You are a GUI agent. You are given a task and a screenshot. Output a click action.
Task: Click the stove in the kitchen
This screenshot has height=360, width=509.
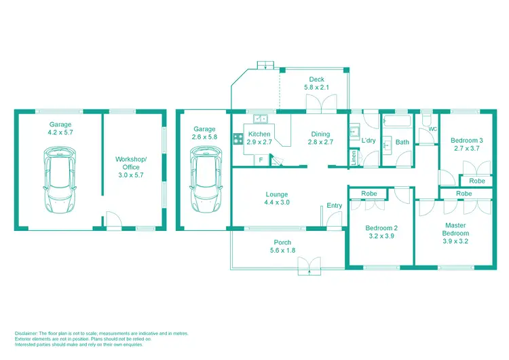[239, 139]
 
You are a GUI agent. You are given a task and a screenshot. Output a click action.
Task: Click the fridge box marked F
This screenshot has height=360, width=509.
[261, 160]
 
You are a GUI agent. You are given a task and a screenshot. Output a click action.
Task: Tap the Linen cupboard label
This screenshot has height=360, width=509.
[354, 158]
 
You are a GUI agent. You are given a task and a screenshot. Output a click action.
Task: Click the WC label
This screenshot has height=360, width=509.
[432, 128]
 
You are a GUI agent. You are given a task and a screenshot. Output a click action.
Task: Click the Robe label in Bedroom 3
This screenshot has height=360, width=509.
[477, 181]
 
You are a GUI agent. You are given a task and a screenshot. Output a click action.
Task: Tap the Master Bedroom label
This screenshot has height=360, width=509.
[455, 229]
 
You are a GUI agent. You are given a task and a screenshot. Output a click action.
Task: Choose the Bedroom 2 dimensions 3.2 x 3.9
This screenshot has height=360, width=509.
[381, 236]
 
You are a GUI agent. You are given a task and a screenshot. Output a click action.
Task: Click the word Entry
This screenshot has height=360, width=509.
[335, 206]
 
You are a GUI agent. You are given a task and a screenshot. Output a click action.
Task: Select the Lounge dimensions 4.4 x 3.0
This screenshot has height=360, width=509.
[277, 202]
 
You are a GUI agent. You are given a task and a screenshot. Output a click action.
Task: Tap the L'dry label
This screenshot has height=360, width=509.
[369, 141]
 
